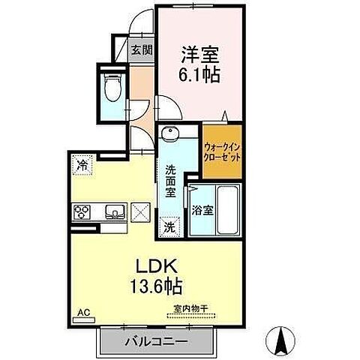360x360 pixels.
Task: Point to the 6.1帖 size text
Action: tap(199, 76)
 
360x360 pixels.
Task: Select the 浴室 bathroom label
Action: tap(202, 211)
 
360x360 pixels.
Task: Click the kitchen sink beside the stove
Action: tap(114, 211)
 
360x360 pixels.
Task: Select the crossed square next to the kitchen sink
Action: tap(141, 212)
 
